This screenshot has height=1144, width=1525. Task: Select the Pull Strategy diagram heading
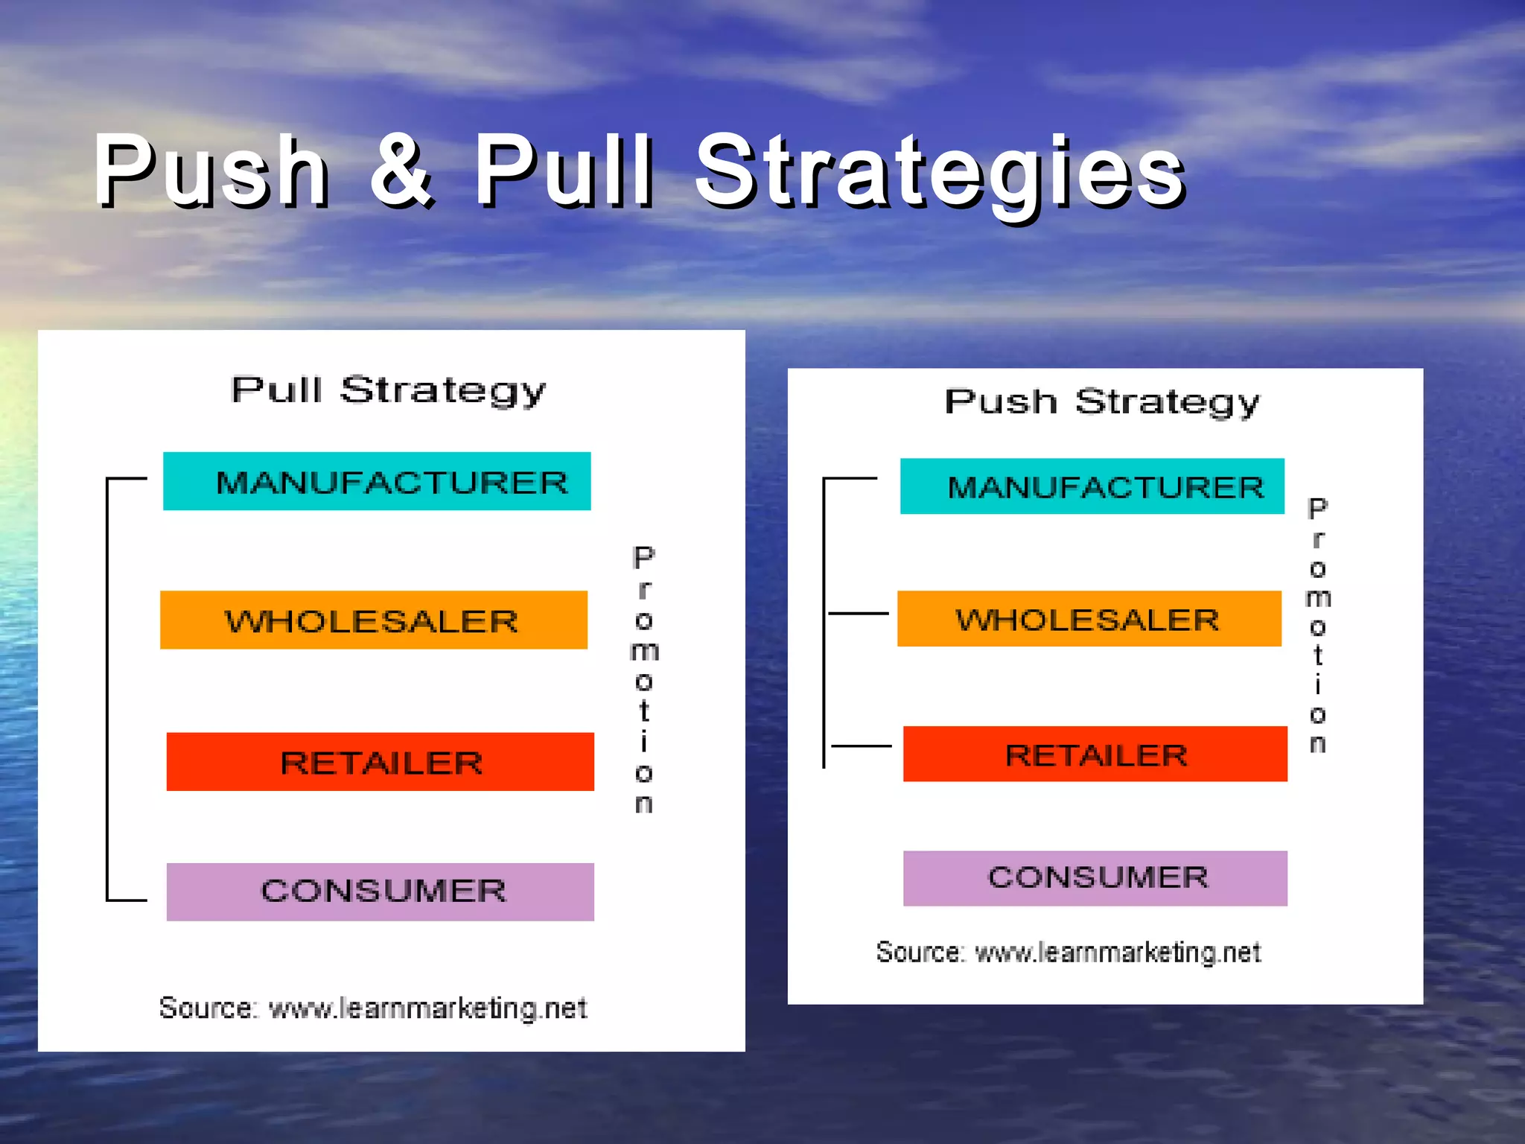(388, 390)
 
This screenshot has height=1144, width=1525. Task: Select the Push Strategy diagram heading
(1102, 402)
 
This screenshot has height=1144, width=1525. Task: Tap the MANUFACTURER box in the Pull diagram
(377, 481)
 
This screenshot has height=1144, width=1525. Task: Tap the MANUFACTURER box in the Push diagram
(1092, 486)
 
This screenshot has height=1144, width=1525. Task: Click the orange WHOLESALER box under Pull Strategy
(373, 620)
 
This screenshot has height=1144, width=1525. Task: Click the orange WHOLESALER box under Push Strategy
(1089, 619)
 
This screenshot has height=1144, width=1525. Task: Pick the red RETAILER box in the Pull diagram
(380, 762)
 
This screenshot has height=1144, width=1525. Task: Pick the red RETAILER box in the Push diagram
(1095, 754)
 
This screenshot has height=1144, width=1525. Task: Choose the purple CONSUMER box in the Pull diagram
(380, 892)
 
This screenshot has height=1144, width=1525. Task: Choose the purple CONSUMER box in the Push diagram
(1095, 878)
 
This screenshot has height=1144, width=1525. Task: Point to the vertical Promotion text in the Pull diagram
(644, 679)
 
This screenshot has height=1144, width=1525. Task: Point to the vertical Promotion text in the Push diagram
(1317, 626)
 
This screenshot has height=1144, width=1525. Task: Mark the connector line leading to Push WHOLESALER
(858, 613)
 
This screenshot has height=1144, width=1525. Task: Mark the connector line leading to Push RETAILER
(861, 746)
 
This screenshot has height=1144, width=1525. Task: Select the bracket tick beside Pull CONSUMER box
(127, 900)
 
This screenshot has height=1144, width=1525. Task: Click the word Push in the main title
(211, 171)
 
